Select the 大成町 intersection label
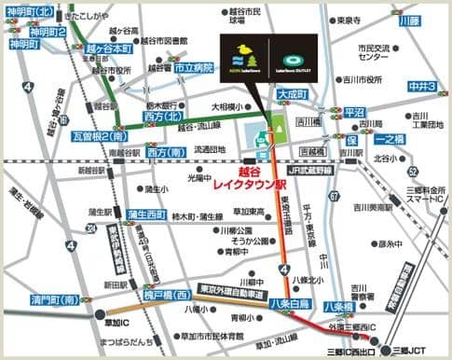pyautogui.click(x=291, y=94)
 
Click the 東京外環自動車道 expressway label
pyautogui.click(x=219, y=289)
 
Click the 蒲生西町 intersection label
pyautogui.click(x=147, y=214)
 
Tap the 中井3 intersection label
pyautogui.click(x=422, y=87)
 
